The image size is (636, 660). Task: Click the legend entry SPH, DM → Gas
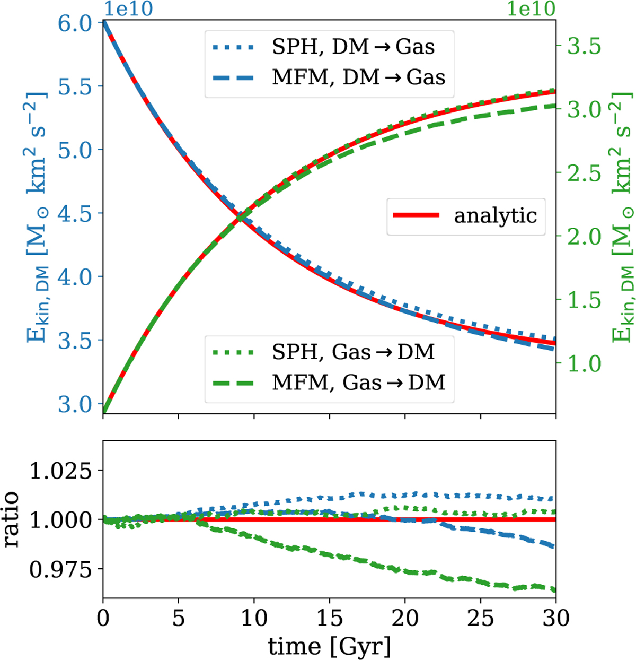[x=329, y=47]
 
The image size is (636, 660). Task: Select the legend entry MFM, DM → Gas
[x=329, y=77]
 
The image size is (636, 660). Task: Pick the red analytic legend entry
[x=466, y=215]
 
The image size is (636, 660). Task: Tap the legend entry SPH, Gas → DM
[x=329, y=351]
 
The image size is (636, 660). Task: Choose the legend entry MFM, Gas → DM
[x=329, y=382]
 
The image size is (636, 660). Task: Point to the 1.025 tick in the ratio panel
[x=59, y=471]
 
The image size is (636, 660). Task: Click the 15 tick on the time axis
[x=330, y=618]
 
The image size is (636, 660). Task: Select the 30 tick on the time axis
[x=555, y=618]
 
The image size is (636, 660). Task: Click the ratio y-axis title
[x=12, y=520]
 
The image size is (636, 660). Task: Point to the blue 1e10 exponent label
[x=128, y=9]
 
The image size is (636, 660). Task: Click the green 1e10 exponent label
[x=531, y=9]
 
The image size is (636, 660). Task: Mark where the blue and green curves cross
[x=241, y=216]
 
